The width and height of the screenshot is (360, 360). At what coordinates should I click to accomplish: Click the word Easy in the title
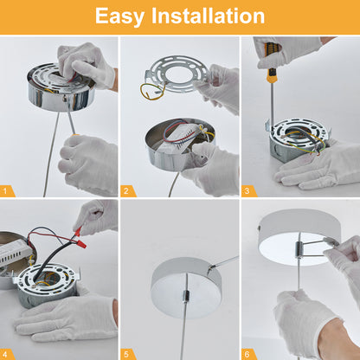pos(119,16)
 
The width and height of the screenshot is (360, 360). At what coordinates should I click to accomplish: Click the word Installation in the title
pos(208,16)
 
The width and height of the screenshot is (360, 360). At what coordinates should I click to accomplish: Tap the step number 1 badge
pos(6,190)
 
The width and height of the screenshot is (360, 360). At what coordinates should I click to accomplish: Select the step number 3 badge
pos(247,190)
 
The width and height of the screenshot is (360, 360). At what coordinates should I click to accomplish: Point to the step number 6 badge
pos(247,354)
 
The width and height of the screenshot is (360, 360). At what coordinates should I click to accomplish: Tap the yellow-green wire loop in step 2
pos(152,92)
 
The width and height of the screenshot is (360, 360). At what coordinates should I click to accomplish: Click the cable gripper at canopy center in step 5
pos(185,296)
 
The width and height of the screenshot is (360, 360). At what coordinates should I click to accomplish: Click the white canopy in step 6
pos(299,236)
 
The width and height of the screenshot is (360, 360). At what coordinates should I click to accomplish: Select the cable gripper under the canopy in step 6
pos(299,249)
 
